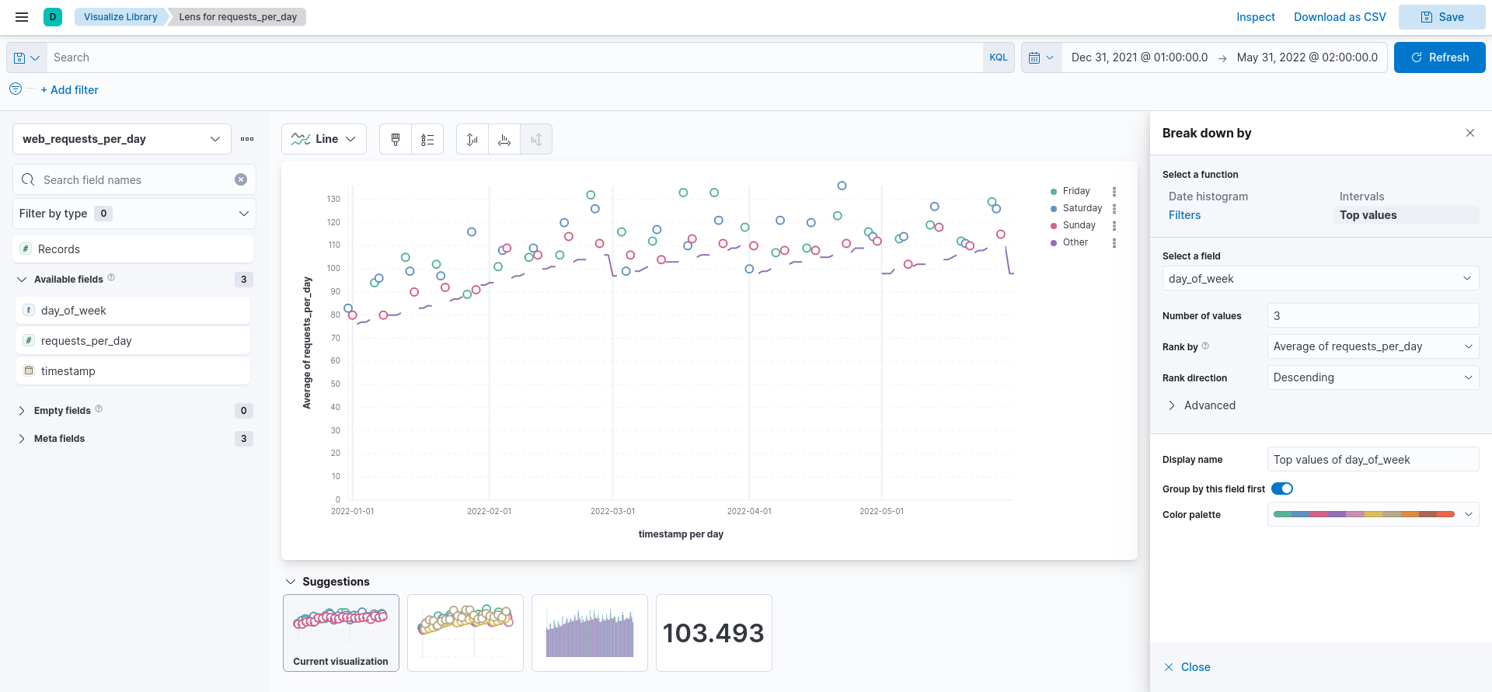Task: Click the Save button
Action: (x=1441, y=17)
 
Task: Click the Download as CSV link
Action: (x=1339, y=17)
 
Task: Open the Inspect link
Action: (x=1255, y=17)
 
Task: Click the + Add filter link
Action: (x=69, y=90)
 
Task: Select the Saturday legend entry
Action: (x=1082, y=208)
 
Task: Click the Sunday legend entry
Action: (x=1079, y=225)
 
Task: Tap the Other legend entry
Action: (x=1075, y=242)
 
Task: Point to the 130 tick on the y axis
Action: (x=333, y=200)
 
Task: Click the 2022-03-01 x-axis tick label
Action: (x=612, y=511)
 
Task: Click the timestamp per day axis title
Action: (x=681, y=534)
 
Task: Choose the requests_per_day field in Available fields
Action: (x=86, y=341)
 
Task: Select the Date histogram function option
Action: (x=1208, y=196)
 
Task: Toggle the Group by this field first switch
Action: (x=1281, y=489)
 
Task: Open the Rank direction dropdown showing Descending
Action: (x=1372, y=377)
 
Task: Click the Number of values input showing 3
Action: (x=1372, y=316)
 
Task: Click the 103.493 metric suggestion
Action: (x=713, y=633)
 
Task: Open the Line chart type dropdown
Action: (x=323, y=139)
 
